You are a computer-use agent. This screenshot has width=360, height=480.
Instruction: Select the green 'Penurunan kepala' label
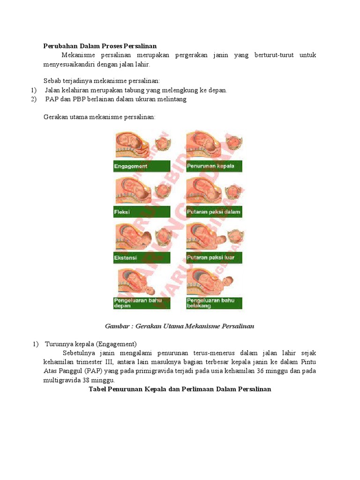click(214, 166)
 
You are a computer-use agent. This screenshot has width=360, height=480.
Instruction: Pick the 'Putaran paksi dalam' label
click(214, 212)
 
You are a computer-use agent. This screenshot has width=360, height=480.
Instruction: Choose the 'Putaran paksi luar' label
click(214, 257)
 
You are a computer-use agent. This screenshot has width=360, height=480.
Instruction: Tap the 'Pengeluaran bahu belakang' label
click(214, 303)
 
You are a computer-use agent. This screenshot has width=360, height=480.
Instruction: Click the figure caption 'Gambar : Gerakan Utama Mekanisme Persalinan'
click(180, 326)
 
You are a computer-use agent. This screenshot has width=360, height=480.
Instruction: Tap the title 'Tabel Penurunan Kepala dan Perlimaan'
click(180, 389)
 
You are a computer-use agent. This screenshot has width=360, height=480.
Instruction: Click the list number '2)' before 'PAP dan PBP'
click(33, 99)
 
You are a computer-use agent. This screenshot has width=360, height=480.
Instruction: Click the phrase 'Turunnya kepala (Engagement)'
click(90, 344)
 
